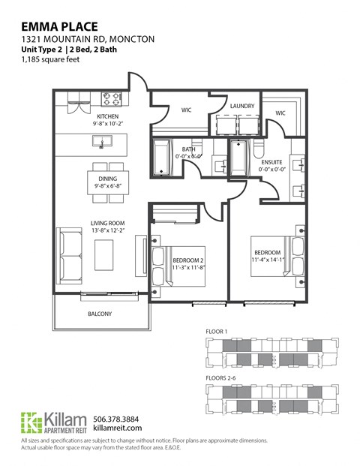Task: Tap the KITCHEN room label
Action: (x=107, y=116)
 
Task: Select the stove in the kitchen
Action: (x=112, y=98)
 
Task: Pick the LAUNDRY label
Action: (x=242, y=106)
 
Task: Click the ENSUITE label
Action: (x=271, y=162)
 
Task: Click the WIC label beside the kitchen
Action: (x=187, y=110)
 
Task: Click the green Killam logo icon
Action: (x=31, y=423)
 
